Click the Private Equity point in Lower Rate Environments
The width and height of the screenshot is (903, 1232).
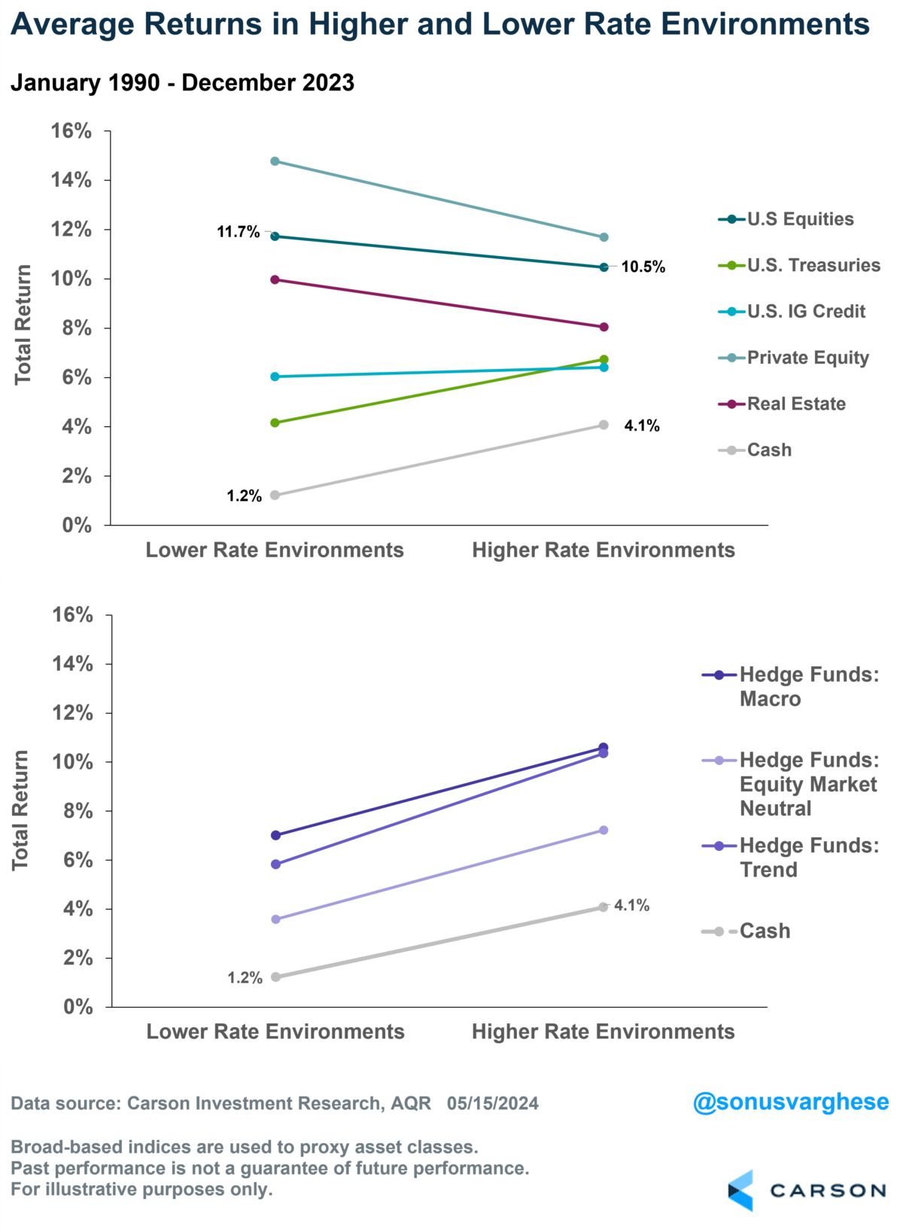[275, 161]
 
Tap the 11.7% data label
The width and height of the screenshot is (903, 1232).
[238, 232]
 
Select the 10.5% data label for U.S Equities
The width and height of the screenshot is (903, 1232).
[643, 267]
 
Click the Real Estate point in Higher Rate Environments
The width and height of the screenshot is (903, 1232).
[604, 327]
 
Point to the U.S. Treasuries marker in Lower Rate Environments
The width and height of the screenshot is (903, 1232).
[275, 423]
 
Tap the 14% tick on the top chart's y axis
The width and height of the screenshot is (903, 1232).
[71, 180]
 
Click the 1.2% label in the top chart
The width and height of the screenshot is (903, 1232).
[244, 496]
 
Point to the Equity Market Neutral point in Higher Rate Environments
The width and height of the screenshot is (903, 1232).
[604, 830]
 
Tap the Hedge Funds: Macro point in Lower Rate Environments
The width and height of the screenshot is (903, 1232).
[275, 835]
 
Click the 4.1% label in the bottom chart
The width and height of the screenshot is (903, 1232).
[631, 905]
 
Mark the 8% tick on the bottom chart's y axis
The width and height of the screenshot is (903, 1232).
[78, 811]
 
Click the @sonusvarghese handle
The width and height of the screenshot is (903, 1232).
[790, 1102]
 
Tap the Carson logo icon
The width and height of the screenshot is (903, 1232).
[741, 1190]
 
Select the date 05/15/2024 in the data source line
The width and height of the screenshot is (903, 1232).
[493, 1103]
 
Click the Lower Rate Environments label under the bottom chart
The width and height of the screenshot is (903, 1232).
[275, 1032]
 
